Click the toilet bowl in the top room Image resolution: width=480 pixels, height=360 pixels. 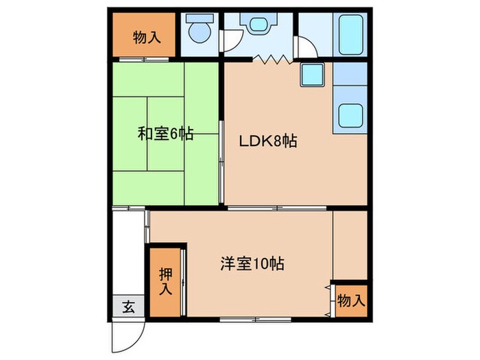pyautogui.click(x=200, y=30)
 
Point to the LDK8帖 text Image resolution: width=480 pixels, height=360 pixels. pyautogui.click(x=267, y=142)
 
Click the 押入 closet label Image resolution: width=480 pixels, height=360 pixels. pyautogui.click(x=166, y=281)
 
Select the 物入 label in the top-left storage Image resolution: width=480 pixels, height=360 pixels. pyautogui.click(x=146, y=36)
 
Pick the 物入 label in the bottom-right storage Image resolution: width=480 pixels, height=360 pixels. pyautogui.click(x=352, y=300)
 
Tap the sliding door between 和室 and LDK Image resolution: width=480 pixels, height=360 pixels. pyautogui.click(x=221, y=158)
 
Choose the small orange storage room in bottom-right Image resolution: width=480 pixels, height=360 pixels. pyautogui.click(x=351, y=300)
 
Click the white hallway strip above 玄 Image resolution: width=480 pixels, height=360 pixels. pyautogui.click(x=128, y=254)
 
